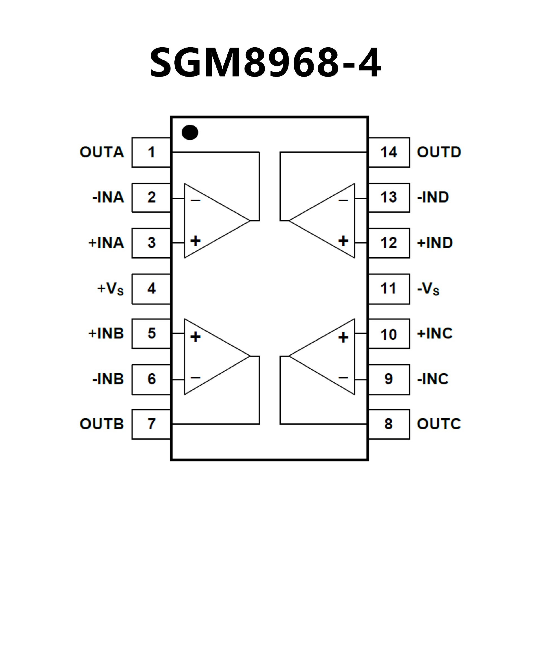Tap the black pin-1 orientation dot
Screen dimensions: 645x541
(190, 132)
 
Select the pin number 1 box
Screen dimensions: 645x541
(151, 152)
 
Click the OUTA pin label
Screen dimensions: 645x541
(102, 152)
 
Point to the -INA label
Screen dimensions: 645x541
(108, 197)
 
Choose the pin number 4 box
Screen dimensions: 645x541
(151, 289)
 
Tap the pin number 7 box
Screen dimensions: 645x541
(151, 424)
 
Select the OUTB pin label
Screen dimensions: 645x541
(102, 424)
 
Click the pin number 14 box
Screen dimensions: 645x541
(389, 152)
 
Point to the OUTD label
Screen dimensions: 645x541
(439, 152)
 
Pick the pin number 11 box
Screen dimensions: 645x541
(389, 289)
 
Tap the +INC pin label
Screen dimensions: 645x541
(435, 334)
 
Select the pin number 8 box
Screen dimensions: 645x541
(389, 424)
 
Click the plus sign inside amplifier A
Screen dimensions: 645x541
(196, 241)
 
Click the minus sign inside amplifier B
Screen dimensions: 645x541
(196, 378)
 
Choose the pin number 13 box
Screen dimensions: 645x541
(389, 197)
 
